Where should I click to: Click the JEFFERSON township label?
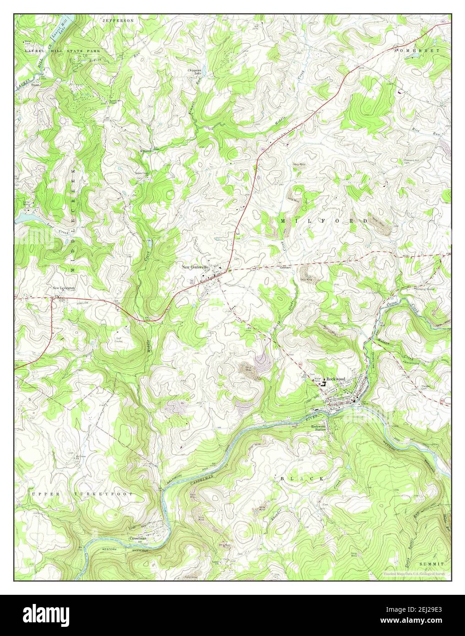coord(118,21)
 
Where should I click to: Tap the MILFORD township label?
coord(323,221)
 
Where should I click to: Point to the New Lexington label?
coord(63,288)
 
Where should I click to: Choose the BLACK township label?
coord(303,478)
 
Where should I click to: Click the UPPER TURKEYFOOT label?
coord(82,494)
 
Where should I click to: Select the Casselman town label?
coord(138,539)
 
